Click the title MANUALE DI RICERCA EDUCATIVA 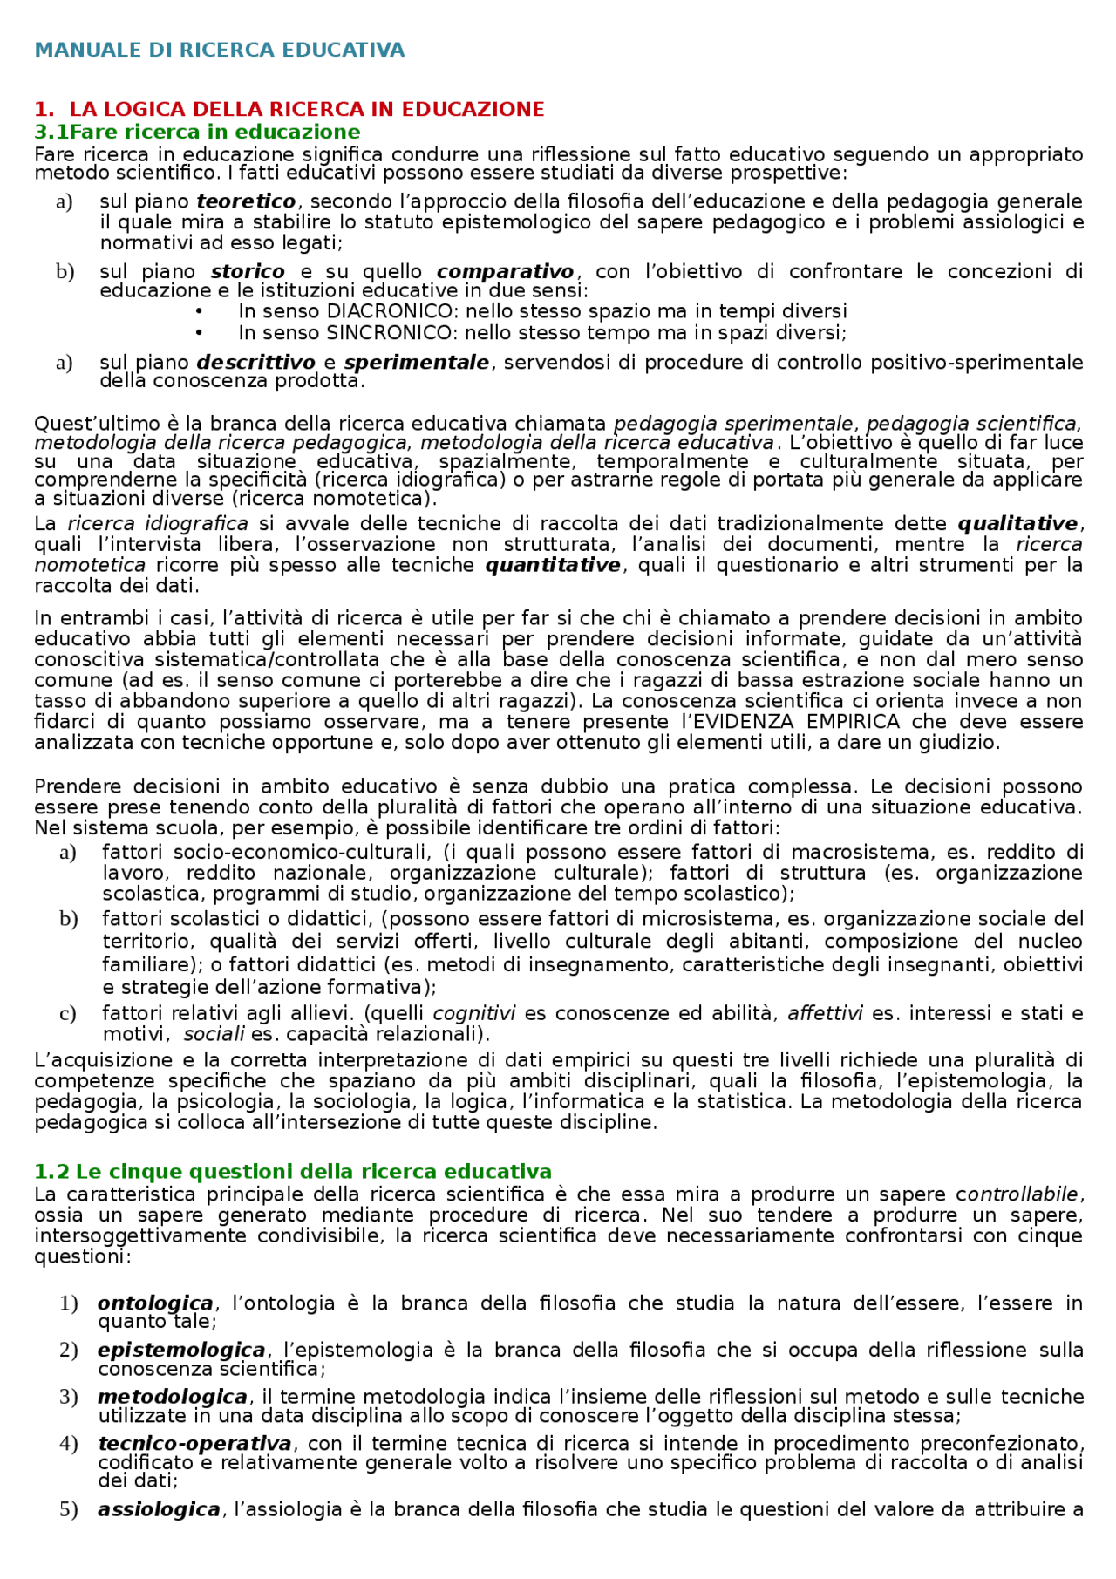pyautogui.click(x=220, y=51)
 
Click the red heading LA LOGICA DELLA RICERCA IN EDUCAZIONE pyautogui.click(x=306, y=110)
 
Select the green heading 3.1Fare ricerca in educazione pyautogui.click(x=197, y=133)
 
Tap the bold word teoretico pyautogui.click(x=247, y=202)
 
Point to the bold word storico pyautogui.click(x=248, y=272)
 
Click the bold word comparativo pyautogui.click(x=506, y=272)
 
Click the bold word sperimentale pyautogui.click(x=417, y=363)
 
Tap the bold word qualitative pyautogui.click(x=1018, y=524)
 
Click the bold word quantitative pyautogui.click(x=553, y=566)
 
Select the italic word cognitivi pyautogui.click(x=474, y=1014)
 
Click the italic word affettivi pyautogui.click(x=825, y=1014)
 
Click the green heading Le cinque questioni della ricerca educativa pyautogui.click(x=314, y=1172)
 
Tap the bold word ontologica pyautogui.click(x=155, y=1303)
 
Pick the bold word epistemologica pyautogui.click(x=181, y=1351)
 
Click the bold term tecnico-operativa pyautogui.click(x=194, y=1444)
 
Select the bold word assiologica pyautogui.click(x=159, y=1509)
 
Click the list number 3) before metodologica pyautogui.click(x=69, y=1397)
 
